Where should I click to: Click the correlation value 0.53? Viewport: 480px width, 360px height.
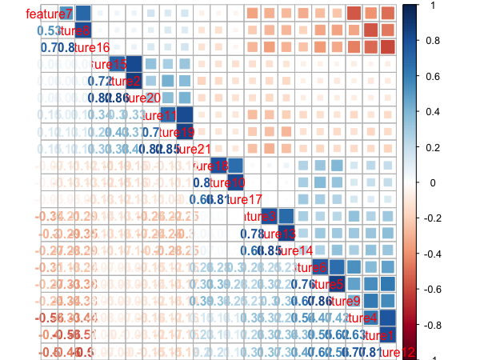pos(49,31)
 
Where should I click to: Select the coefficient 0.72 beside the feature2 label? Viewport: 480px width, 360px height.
pos(99,82)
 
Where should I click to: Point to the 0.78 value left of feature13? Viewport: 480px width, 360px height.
pos(252,234)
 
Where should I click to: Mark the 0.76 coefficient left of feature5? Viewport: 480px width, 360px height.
pos(302,284)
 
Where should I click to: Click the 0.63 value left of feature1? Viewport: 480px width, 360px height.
pos(354,334)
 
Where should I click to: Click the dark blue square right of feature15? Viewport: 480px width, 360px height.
pos(133,65)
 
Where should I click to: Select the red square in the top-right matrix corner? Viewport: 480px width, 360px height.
pos(387,14)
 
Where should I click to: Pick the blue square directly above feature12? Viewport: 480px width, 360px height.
pos(387,334)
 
